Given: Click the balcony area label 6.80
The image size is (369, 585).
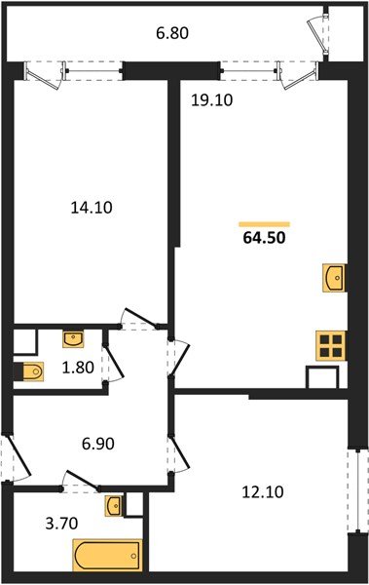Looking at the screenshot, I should coord(172,33).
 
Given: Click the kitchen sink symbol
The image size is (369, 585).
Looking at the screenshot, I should coord(334,277).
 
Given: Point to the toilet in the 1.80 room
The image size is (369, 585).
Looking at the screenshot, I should coord(30,371).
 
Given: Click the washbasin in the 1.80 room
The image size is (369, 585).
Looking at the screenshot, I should coord(73,339).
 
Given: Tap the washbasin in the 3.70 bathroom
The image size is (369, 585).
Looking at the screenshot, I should coord(115,505).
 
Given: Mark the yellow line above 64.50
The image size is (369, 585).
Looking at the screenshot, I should coord(264,223).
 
